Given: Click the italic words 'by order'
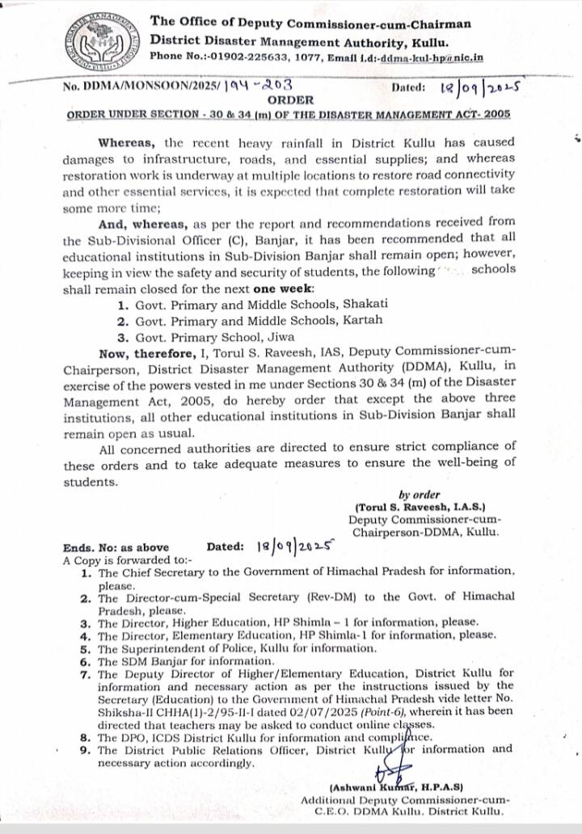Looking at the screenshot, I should [420, 495].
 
